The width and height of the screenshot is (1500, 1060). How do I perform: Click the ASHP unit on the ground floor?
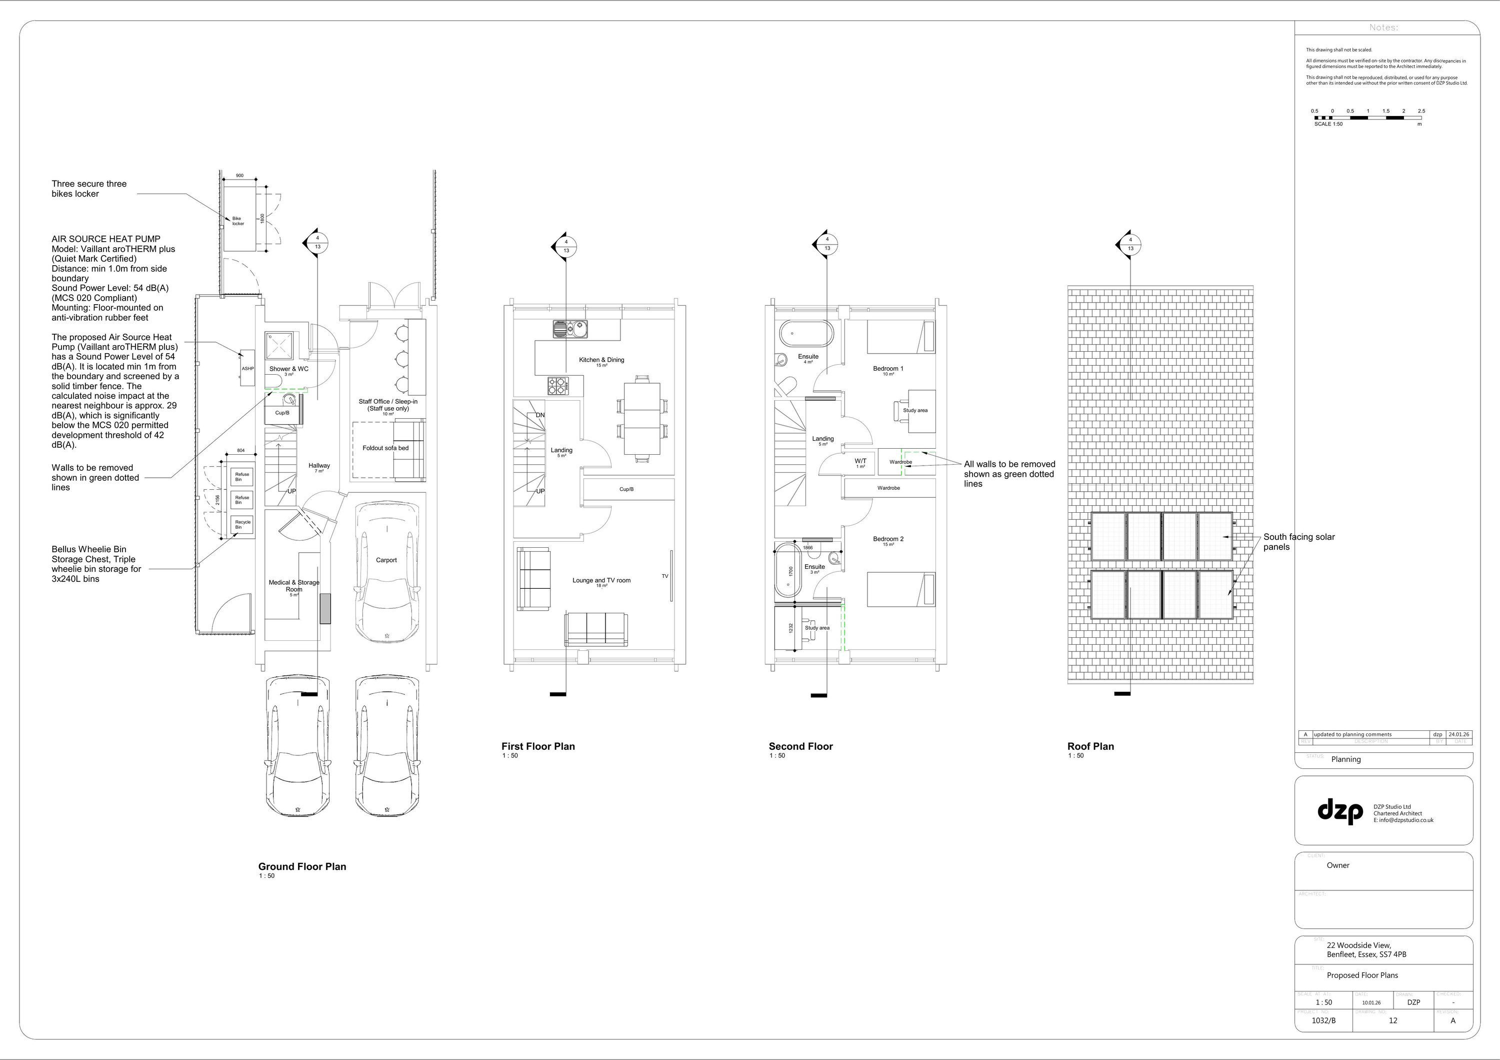point(247,369)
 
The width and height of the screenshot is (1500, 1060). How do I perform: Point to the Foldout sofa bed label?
point(385,448)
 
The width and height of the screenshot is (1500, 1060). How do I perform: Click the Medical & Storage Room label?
point(294,586)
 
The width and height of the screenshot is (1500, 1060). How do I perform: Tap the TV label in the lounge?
point(664,576)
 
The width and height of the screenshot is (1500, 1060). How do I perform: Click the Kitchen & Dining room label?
point(601,360)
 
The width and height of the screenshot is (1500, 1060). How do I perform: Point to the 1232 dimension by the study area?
point(790,627)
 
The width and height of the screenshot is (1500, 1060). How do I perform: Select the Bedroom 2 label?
point(888,539)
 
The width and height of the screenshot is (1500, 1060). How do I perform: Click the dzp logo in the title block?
point(1340,810)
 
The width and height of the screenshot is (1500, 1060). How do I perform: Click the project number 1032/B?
point(1323,1020)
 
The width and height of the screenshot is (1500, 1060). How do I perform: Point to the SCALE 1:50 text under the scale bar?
point(1328,124)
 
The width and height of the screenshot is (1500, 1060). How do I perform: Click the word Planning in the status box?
point(1346,759)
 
